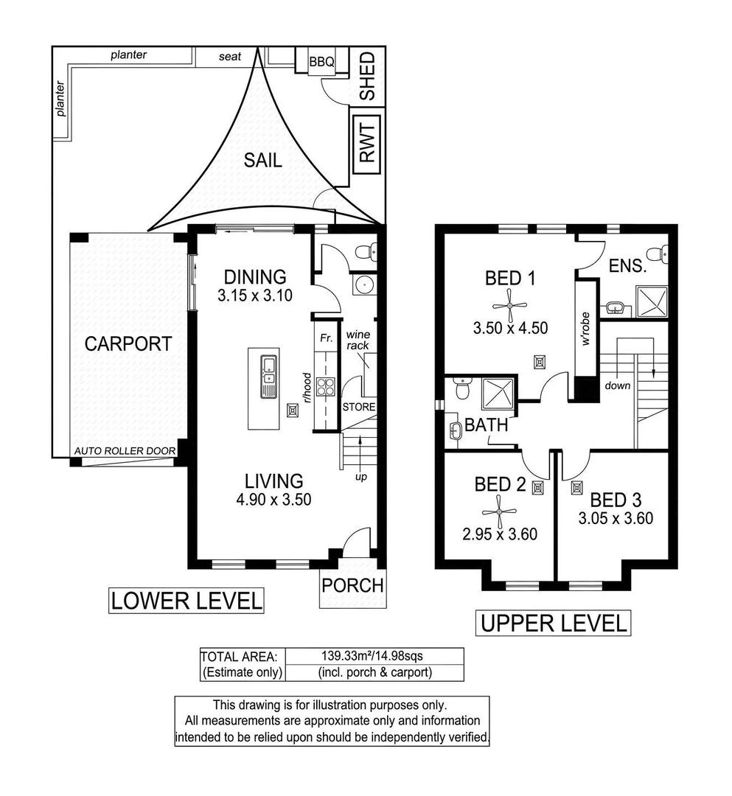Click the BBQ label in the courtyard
[x=322, y=62]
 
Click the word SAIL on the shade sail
[x=263, y=161]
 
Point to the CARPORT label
[x=128, y=343]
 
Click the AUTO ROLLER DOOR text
[x=125, y=451]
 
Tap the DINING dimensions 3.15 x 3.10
[x=255, y=295]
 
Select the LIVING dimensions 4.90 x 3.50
[x=273, y=499]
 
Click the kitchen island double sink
[x=268, y=377]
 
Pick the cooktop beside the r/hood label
[x=325, y=388]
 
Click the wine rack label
[x=358, y=340]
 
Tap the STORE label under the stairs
[x=359, y=407]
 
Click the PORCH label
[x=353, y=585]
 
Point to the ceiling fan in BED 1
[x=509, y=305]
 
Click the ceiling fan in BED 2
[x=500, y=512]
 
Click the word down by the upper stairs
[x=617, y=385]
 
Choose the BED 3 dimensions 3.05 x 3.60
[x=616, y=518]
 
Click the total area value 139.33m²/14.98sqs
[x=372, y=656]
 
